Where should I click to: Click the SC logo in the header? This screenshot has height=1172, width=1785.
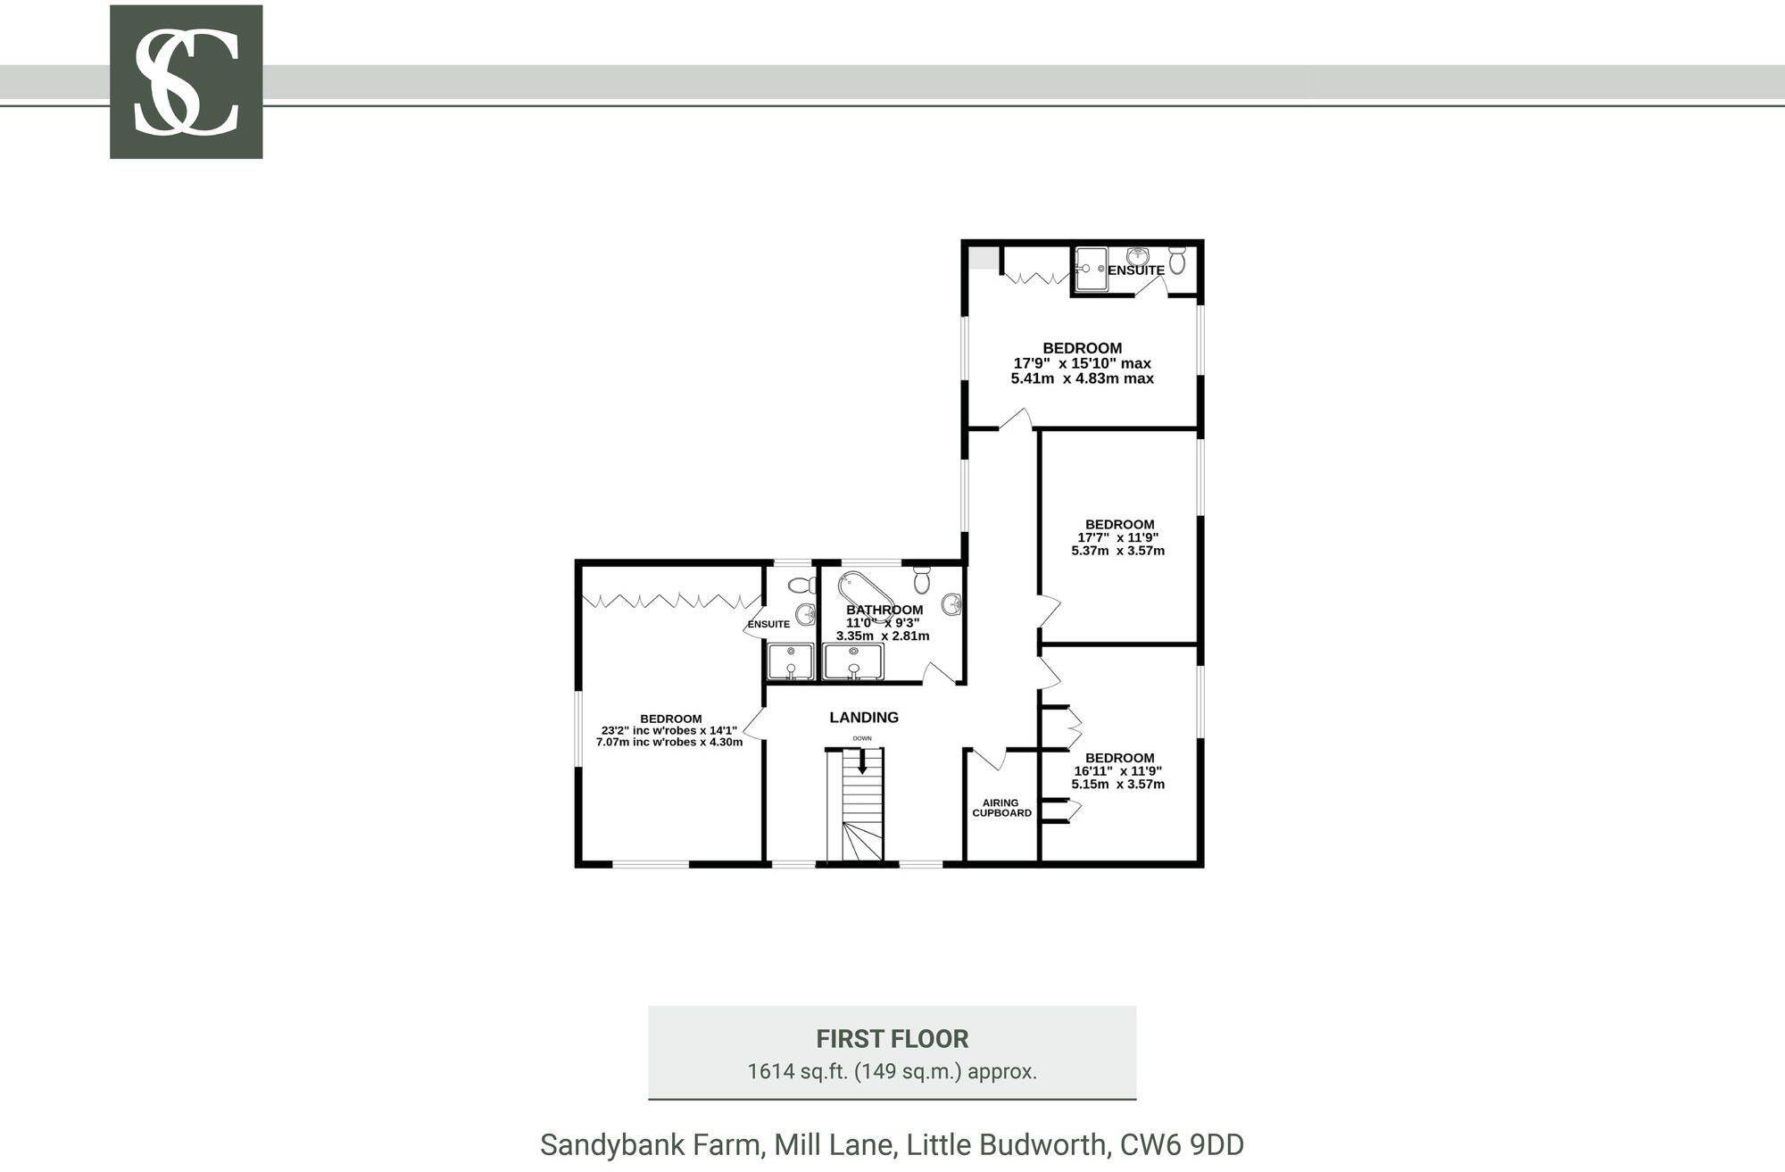(186, 82)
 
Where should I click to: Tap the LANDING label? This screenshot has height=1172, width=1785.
(863, 718)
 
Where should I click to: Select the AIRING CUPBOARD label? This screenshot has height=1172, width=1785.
(1001, 808)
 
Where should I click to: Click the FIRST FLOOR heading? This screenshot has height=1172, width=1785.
(892, 1039)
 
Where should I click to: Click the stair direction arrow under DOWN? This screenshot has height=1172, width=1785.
(862, 761)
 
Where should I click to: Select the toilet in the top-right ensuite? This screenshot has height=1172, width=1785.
(1177, 262)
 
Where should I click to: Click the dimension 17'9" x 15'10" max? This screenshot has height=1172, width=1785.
(1082, 363)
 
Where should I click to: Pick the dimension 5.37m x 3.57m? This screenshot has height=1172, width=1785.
(1117, 551)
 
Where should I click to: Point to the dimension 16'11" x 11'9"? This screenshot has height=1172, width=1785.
(1117, 771)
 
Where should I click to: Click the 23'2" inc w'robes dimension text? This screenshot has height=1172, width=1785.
(668, 730)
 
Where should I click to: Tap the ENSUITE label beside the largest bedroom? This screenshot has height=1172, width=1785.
(768, 624)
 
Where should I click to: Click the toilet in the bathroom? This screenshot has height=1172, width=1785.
(923, 580)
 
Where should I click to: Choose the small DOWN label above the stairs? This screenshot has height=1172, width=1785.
(862, 738)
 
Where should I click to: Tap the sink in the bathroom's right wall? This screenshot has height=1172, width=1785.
(953, 604)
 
